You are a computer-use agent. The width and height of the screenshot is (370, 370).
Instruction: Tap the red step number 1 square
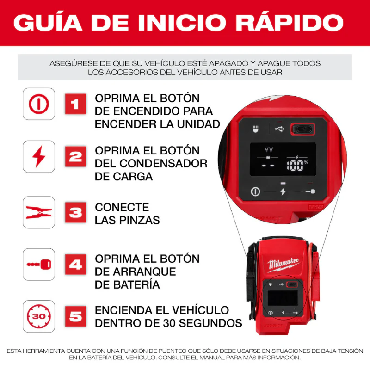tap(74, 104)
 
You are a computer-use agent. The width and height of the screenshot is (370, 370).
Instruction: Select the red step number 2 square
tap(74, 157)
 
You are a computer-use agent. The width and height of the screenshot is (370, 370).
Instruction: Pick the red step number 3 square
tap(74, 212)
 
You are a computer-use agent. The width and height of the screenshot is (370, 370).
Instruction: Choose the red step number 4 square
tap(74, 265)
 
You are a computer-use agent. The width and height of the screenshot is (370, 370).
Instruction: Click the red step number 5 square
tap(74, 316)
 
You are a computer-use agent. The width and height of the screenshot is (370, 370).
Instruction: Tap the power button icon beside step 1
tap(39, 104)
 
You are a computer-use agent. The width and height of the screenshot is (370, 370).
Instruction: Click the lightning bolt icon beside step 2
tap(39, 157)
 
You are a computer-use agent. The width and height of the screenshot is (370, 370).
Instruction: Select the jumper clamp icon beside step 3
tap(39, 212)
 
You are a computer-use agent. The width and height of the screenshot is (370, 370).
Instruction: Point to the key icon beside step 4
tap(39, 265)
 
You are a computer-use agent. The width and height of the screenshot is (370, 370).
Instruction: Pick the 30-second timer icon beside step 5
tap(39, 316)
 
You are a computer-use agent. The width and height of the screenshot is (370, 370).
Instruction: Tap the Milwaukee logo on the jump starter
tap(283, 265)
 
